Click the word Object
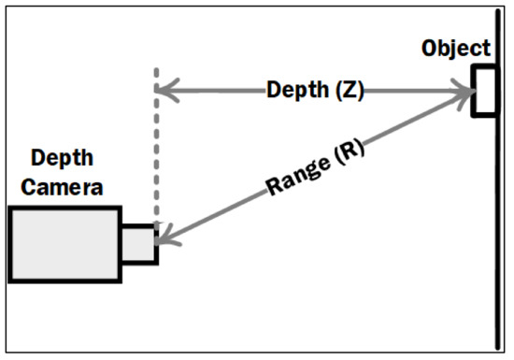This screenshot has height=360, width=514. tap(455, 48)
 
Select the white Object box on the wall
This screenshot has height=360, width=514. tap(482, 92)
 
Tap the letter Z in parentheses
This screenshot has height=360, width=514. tap(345, 91)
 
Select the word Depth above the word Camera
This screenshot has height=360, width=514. tap(63, 158)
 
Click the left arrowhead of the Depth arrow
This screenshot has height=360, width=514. tap(164, 92)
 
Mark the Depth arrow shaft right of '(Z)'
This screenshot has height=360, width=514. tap(411, 92)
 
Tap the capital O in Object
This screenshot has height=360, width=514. tap(431, 48)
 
